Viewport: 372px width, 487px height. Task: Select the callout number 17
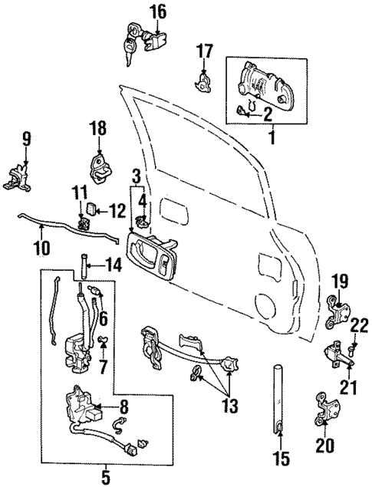tap(203, 52)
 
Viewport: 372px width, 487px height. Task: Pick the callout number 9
tap(26, 139)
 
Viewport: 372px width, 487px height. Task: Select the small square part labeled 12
tap(91, 207)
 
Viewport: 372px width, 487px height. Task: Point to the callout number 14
tap(114, 266)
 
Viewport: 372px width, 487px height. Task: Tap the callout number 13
tap(229, 404)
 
